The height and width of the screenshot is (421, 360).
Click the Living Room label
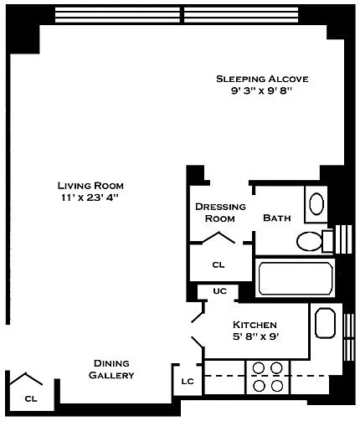coord(90,186)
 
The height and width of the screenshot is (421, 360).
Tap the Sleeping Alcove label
coord(262,79)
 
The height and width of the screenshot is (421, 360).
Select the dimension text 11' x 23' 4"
coord(90,198)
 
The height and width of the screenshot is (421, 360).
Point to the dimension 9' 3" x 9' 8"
coord(261,90)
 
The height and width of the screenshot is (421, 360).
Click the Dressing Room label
coord(220,213)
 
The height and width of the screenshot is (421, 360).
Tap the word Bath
coord(277,218)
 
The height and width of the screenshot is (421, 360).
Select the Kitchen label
coord(255,325)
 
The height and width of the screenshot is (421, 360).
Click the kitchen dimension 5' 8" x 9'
coord(256,336)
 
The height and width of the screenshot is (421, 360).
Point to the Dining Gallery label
coord(111,369)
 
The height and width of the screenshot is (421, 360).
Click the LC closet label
coord(188,381)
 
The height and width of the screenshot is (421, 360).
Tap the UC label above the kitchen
coord(220,291)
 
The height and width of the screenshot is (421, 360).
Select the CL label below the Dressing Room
coord(219,264)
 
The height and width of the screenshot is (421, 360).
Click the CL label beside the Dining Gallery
coord(31,398)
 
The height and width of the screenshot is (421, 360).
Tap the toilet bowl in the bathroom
coord(309,241)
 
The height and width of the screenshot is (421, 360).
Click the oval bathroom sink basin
coord(316,203)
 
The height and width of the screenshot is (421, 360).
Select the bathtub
coord(296,278)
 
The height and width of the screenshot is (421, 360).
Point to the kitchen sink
coord(325,323)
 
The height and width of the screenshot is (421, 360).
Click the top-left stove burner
coord(259,368)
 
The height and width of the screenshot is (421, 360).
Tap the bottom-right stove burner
coord(277,386)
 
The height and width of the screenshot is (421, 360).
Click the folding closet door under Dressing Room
coord(219,238)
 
